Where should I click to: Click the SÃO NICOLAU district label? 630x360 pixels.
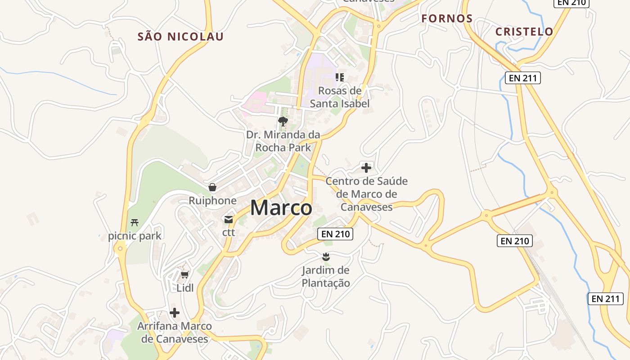(180, 37)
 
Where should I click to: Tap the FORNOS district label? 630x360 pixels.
(447, 19)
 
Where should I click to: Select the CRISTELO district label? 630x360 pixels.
(524, 32)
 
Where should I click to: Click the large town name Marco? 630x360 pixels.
(281, 208)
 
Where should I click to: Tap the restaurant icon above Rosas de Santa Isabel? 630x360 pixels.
(340, 77)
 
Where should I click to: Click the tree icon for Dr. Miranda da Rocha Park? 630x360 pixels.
(283, 121)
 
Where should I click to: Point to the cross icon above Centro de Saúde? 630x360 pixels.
(366, 168)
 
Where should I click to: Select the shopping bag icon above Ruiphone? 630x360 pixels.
(212, 187)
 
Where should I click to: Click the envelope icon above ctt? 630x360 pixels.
(229, 220)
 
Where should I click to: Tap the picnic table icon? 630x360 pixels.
(134, 222)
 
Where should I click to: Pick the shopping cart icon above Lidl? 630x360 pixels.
(184, 274)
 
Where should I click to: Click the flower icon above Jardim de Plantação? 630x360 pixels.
(326, 257)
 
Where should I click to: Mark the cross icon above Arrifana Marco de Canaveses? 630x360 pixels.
(175, 312)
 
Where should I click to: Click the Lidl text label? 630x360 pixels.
(185, 288)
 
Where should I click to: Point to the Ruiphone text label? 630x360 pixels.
(212, 201)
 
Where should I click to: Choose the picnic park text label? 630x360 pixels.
(134, 236)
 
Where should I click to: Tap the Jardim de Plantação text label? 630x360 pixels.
(326, 277)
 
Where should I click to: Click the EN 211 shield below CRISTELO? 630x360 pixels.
(522, 78)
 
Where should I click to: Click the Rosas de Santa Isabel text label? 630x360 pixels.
(340, 97)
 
